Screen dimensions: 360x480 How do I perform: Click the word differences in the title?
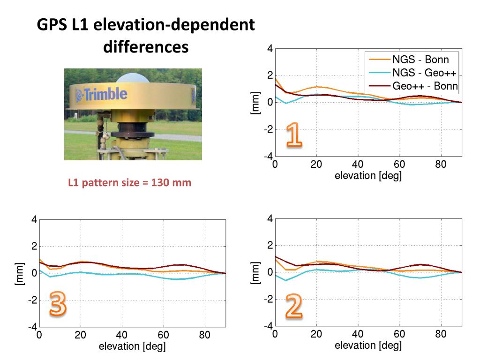coord(146,47)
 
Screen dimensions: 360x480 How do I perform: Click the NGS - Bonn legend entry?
coord(420,60)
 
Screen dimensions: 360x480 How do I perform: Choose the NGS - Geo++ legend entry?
coord(424,73)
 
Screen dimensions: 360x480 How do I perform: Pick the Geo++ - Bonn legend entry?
coord(425,86)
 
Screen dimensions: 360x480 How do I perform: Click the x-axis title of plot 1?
coord(368,176)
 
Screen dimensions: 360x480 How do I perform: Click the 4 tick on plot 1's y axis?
coord(270,48)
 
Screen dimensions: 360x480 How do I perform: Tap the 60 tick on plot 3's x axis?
coord(164,336)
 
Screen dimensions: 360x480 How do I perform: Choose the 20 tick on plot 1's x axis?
coord(316,165)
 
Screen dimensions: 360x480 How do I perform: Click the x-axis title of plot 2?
coord(368,346)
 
